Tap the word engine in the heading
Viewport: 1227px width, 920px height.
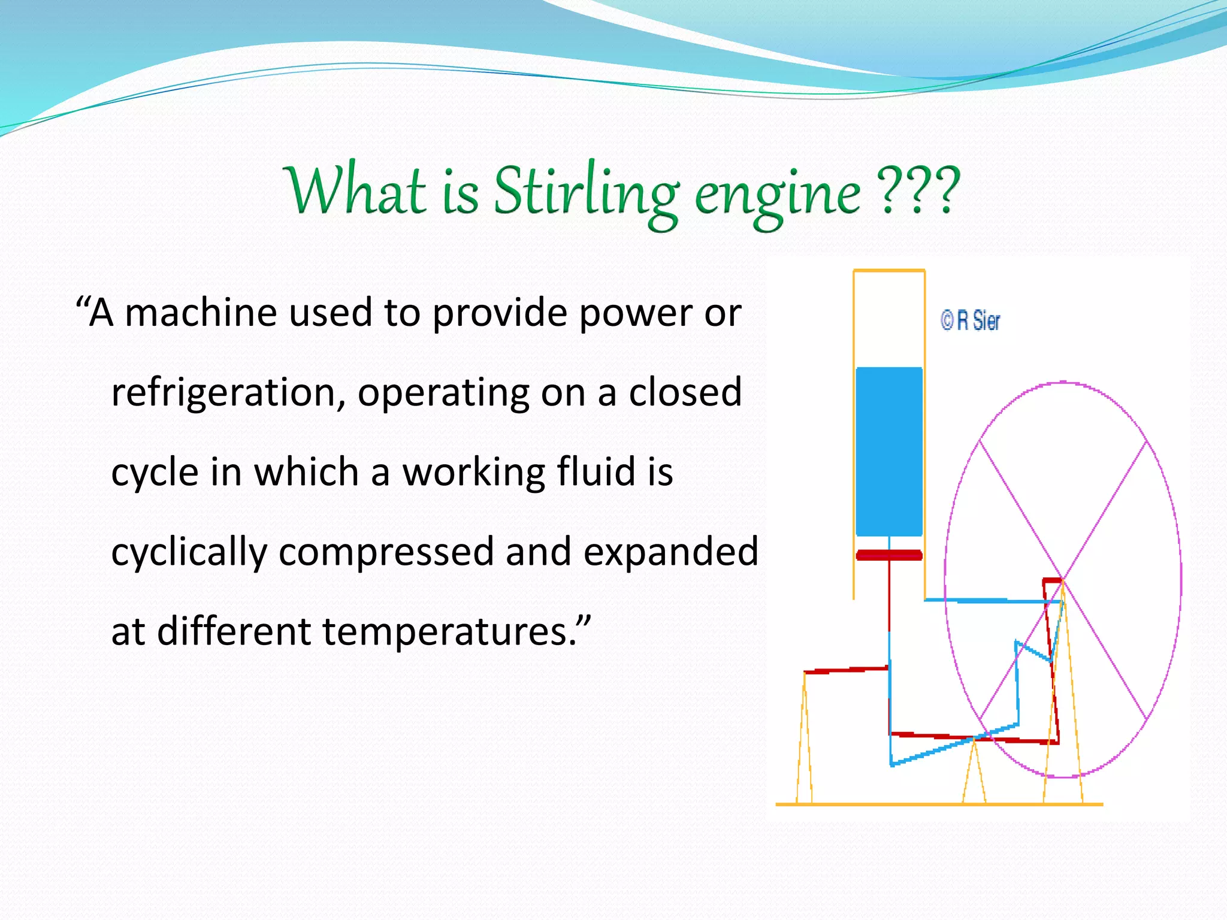click(777, 195)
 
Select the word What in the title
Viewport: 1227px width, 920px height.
click(355, 190)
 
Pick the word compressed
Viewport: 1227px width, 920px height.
click(386, 552)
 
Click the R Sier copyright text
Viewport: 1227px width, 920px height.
click(971, 321)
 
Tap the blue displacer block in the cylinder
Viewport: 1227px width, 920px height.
click(889, 452)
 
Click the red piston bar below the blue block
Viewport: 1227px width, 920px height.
click(889, 555)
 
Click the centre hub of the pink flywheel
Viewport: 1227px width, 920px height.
click(1063, 580)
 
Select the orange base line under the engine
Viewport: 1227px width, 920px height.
click(939, 804)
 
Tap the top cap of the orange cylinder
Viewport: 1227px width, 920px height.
click(889, 271)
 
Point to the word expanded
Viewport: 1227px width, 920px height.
click(670, 552)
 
